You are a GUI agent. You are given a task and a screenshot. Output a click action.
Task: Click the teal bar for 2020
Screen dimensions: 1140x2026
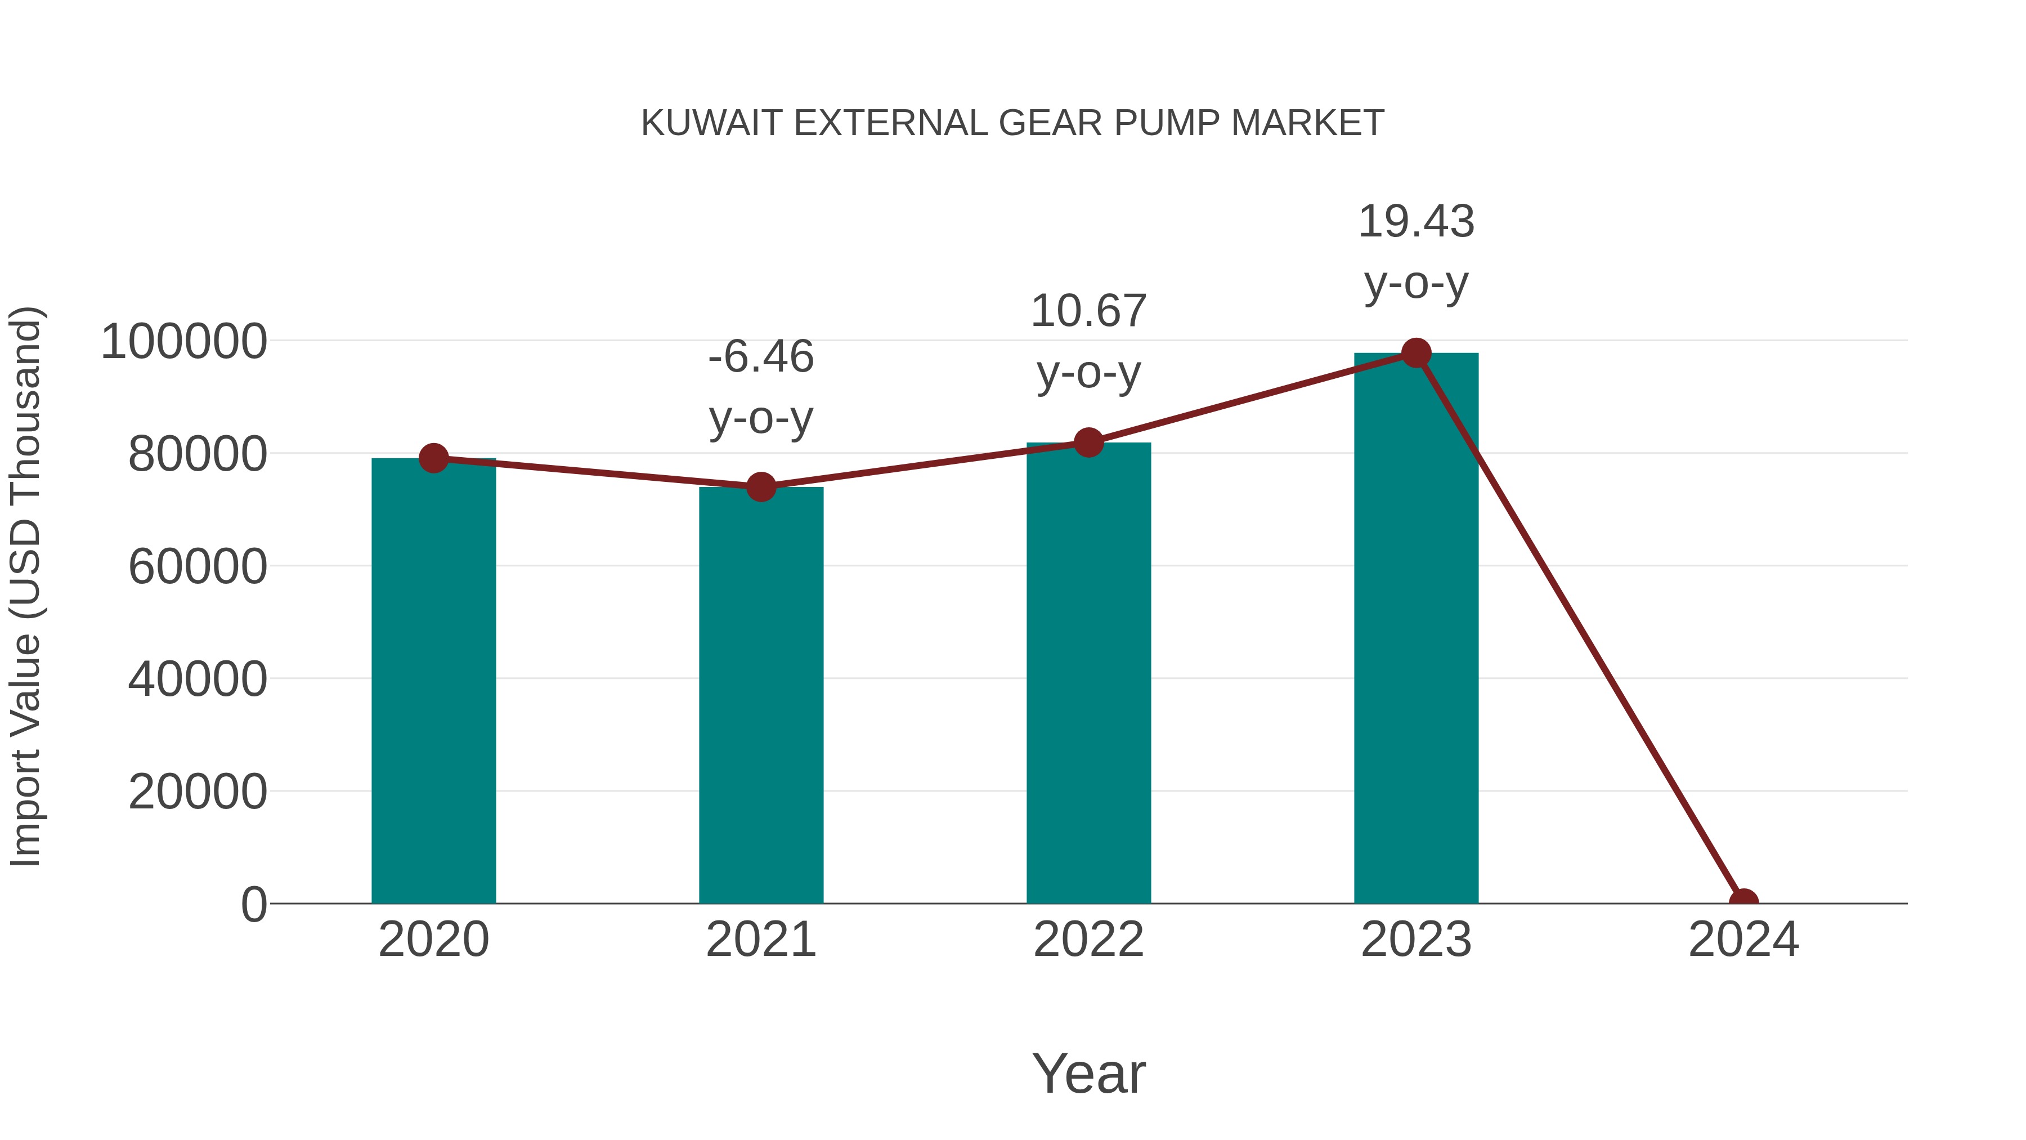[x=433, y=681]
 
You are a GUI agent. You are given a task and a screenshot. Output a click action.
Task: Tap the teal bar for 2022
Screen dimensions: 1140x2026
[x=1088, y=673]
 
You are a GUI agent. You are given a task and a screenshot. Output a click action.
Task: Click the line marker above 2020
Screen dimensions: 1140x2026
[x=434, y=458]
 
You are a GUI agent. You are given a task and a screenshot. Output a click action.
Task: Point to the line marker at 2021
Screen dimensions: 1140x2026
[x=760, y=487]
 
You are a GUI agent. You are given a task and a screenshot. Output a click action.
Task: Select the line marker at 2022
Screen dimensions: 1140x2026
[x=1088, y=443]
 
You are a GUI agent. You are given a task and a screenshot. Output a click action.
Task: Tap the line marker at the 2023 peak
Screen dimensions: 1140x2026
[x=1416, y=353]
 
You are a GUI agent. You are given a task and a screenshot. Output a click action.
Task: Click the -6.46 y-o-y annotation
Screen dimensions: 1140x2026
[x=760, y=387]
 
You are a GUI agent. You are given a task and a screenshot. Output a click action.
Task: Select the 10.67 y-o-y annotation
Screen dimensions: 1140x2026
[x=1088, y=342]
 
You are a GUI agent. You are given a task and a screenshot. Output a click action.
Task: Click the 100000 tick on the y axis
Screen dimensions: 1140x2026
[x=184, y=342]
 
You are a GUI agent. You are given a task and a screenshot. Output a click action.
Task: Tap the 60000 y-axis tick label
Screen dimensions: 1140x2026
[x=198, y=566]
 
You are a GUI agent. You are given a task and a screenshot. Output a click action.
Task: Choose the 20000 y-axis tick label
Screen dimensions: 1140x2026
[x=198, y=792]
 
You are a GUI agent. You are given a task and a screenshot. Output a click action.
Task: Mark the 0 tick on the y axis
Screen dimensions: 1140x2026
[x=254, y=904]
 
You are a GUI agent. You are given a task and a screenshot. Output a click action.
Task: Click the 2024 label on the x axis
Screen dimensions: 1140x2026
[x=1743, y=940]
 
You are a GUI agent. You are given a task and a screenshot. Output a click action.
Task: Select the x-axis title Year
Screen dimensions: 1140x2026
[x=1088, y=1073]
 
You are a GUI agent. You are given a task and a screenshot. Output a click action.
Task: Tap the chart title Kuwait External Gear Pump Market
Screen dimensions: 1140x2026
[x=1012, y=123]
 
